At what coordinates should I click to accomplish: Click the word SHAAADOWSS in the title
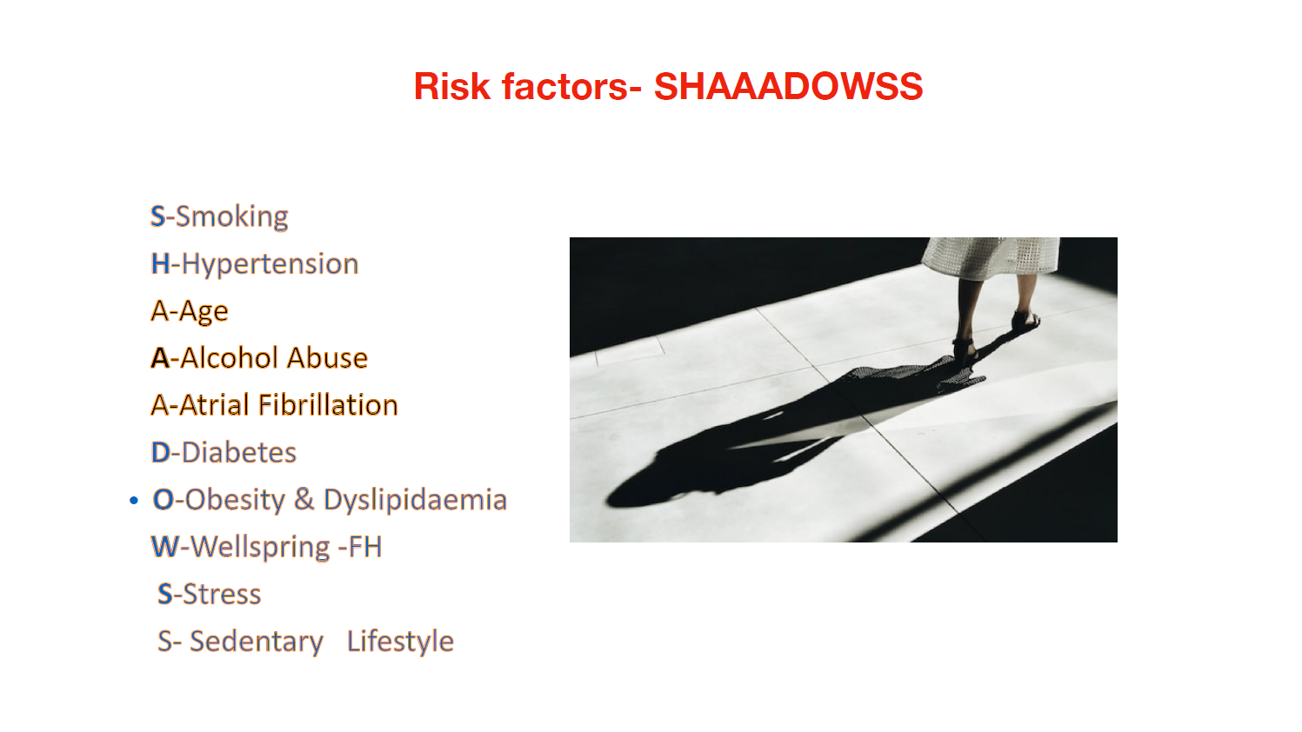pos(788,87)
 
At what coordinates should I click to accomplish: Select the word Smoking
pos(232,216)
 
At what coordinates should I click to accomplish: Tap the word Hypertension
pos(270,263)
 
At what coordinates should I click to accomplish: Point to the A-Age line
pos(190,311)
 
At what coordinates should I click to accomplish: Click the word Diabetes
pos(238,453)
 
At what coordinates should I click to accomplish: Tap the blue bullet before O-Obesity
pos(134,501)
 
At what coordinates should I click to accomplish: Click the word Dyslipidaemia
pos(415,500)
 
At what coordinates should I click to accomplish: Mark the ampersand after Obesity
pos(304,500)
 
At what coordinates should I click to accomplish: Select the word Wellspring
pos(260,547)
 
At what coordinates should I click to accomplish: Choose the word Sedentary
pos(256,642)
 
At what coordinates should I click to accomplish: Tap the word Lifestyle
pos(400,642)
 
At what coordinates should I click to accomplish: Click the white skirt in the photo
pos(992,256)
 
